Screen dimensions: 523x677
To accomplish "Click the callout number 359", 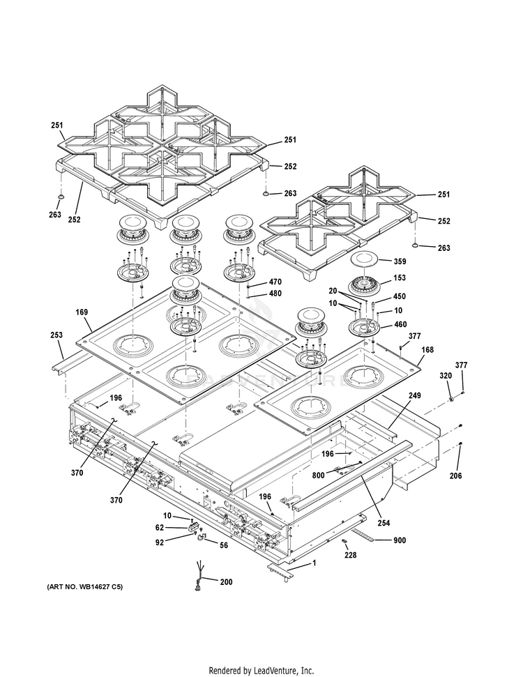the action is [x=400, y=261].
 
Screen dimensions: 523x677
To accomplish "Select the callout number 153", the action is [x=400, y=277].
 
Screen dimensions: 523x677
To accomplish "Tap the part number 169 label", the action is [x=82, y=312].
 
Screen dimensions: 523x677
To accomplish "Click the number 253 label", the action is [x=56, y=335].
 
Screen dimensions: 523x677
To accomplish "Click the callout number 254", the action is [x=384, y=523].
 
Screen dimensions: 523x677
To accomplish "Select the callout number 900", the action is [x=400, y=540].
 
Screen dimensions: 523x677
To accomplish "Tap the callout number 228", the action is [x=350, y=555].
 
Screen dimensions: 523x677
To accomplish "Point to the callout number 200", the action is [x=226, y=582].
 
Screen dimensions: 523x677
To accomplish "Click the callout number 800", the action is [x=318, y=476].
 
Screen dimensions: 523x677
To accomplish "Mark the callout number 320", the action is [x=446, y=376].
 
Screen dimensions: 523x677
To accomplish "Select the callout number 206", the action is [x=455, y=476].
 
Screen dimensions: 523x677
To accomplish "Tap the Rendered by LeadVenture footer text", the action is [x=261, y=671].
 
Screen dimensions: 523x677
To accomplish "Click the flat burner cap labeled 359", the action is [x=363, y=260].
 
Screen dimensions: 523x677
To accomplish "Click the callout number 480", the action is [x=275, y=294].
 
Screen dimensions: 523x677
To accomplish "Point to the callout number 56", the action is [x=224, y=545].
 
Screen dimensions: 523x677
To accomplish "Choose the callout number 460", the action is [x=400, y=324].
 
